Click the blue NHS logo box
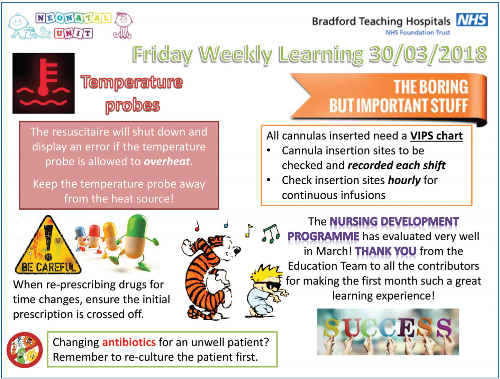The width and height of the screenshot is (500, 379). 472,20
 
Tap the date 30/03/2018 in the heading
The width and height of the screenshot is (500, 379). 428,54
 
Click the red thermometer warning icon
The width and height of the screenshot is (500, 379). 43,83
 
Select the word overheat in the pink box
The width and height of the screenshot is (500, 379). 167,161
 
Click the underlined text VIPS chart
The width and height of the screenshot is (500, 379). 436,136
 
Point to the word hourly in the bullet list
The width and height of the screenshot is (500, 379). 404,181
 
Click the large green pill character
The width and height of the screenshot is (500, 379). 137,241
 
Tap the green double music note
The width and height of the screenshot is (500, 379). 271,233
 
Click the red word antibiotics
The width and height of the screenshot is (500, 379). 129,342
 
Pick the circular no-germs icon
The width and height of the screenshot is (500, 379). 25,350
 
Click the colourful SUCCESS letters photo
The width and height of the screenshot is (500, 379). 388,332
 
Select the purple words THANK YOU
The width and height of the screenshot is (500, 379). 386,251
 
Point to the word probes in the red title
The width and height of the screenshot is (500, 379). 133,105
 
